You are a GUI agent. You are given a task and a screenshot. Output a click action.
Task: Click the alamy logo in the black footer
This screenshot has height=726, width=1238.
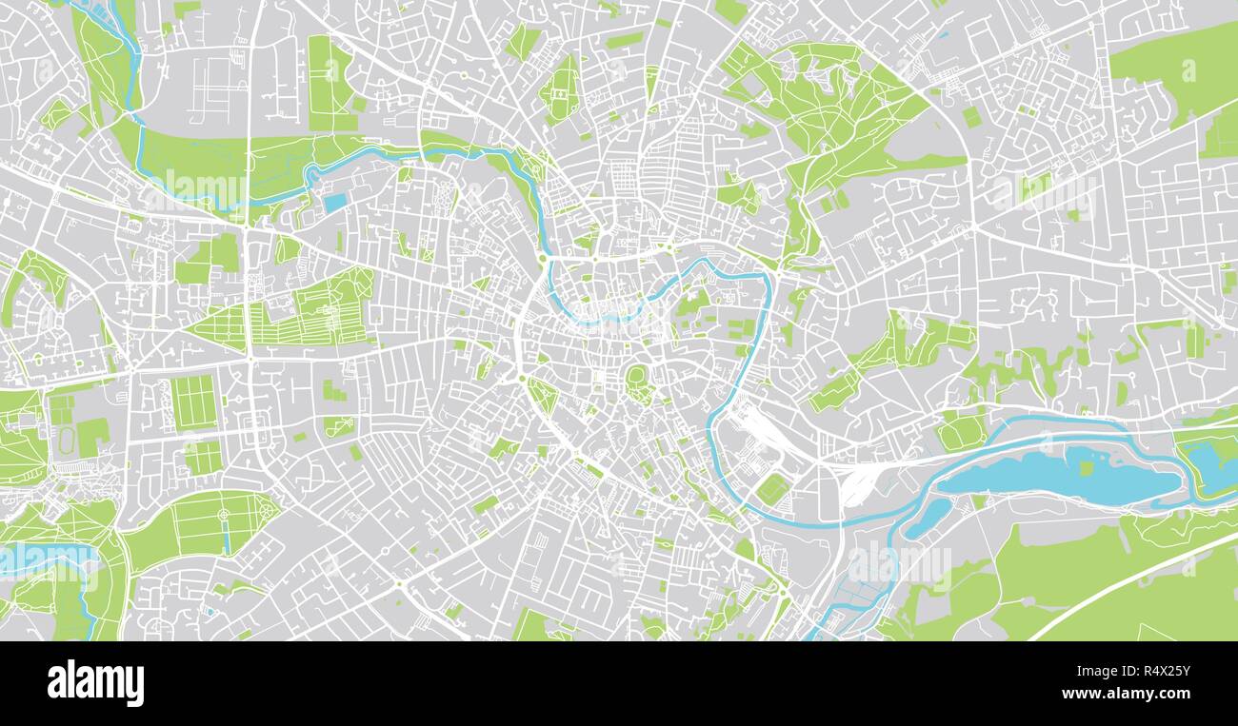[x=95, y=683]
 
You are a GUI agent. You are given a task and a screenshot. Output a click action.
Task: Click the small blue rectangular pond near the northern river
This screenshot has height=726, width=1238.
[x=334, y=202]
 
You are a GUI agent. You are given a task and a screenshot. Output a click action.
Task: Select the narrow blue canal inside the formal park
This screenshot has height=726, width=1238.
[x=226, y=537]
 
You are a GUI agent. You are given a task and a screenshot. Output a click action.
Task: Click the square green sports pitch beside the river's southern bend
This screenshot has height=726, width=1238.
[x=770, y=489]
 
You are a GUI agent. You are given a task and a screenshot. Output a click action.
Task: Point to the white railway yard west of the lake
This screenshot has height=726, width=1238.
[x=862, y=481]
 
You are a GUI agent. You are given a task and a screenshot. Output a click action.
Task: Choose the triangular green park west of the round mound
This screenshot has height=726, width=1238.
[x=543, y=394]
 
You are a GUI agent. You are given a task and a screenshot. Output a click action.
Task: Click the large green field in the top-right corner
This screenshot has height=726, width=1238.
[x=1176, y=71]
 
